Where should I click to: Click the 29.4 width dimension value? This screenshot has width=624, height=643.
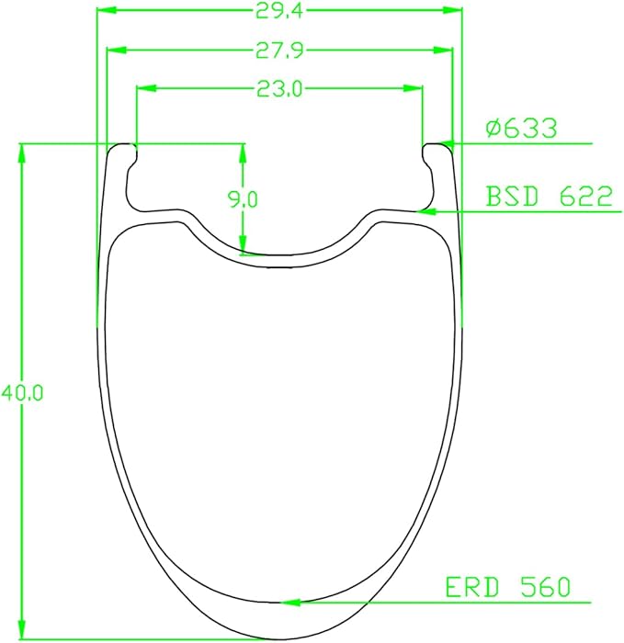tap(279, 11)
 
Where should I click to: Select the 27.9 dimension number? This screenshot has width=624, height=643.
tap(279, 51)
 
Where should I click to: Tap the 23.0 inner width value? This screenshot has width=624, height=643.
tap(279, 88)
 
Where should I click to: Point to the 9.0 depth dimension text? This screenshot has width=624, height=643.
tap(243, 199)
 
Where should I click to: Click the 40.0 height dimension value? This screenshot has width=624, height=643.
tap(22, 393)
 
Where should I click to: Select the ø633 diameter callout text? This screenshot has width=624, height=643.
tap(521, 128)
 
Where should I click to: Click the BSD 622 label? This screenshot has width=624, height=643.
tap(549, 196)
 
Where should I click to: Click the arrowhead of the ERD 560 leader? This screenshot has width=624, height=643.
tap(289, 603)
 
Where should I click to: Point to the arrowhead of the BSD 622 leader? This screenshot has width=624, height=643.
tap(425, 211)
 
